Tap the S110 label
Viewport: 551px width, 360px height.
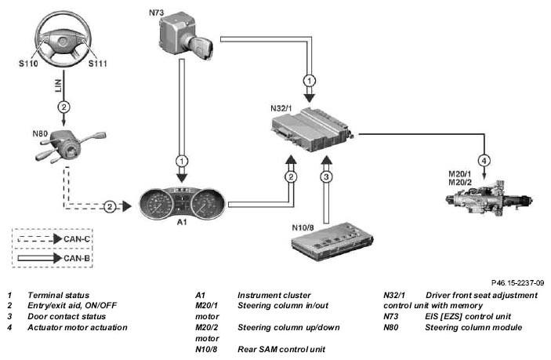coord(28,64)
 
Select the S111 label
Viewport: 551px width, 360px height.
coord(97,64)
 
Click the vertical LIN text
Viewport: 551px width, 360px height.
coord(58,85)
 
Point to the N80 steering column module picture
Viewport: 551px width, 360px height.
coord(71,146)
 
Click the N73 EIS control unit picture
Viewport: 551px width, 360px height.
coord(185,35)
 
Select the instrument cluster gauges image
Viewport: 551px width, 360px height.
coord(182,203)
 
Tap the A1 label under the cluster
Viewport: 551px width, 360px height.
coord(182,223)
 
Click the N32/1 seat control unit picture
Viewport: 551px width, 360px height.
coord(312,129)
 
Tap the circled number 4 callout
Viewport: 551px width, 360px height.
coord(484,161)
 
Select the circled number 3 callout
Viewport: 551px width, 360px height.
coord(326,176)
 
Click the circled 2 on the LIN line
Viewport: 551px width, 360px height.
coord(63,107)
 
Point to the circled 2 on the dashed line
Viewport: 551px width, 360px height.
coord(110,207)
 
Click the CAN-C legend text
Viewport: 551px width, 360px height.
coord(77,239)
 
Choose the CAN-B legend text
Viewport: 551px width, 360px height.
coord(77,258)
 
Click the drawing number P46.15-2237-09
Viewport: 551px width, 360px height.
coord(517,282)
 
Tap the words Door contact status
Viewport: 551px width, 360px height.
coord(67,316)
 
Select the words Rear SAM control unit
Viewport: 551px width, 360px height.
coord(281,350)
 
